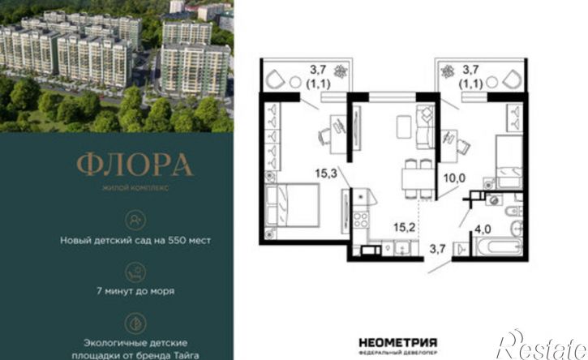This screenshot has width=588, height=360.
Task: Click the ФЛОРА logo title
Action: pyautogui.click(x=135, y=165)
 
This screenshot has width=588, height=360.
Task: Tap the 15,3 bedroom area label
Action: pyautogui.click(x=326, y=174)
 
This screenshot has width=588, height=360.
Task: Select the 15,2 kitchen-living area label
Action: pyautogui.click(x=404, y=227)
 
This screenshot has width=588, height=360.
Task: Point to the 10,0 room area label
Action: pyautogui.click(x=454, y=178)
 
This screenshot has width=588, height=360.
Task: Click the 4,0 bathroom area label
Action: pyautogui.click(x=483, y=229)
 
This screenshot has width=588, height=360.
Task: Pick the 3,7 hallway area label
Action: pyautogui.click(x=437, y=249)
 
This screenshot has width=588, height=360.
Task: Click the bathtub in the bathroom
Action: pyautogui.click(x=497, y=246)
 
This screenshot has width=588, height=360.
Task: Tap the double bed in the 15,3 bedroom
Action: pyautogui.click(x=292, y=205)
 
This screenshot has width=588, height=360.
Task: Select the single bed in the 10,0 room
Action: pyautogui.click(x=509, y=162)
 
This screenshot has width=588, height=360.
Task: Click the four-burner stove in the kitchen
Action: pyautogui.click(x=361, y=220)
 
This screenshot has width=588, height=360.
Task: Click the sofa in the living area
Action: pyautogui.click(x=425, y=127)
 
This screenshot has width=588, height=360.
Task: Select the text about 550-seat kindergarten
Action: pyautogui.click(x=135, y=240)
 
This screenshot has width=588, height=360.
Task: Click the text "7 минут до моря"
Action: pyautogui.click(x=135, y=291)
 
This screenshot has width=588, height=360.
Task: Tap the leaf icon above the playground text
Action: pyautogui.click(x=135, y=324)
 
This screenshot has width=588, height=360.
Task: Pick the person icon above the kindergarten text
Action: pyautogui.click(x=135, y=221)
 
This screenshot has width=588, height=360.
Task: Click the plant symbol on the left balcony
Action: pyautogui.click(x=341, y=71)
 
